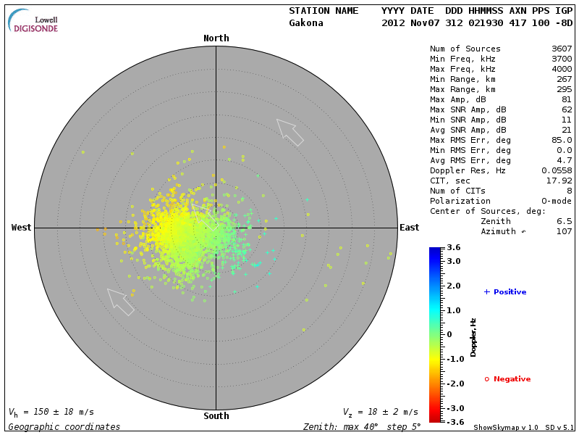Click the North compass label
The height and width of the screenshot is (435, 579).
click(x=216, y=38)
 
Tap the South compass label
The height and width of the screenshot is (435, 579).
click(x=216, y=416)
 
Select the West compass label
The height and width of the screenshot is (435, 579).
click(x=22, y=228)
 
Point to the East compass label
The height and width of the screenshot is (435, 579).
click(x=409, y=228)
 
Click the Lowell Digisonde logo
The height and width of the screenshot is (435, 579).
click(x=34, y=21)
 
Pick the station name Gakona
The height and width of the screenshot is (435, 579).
click(x=306, y=23)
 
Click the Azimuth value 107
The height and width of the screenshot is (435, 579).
click(x=564, y=231)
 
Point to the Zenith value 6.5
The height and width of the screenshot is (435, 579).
click(x=564, y=221)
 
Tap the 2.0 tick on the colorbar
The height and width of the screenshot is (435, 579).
click(x=453, y=286)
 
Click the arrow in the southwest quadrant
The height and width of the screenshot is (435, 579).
click(x=121, y=302)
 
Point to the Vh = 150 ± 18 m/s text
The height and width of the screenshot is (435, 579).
click(x=51, y=412)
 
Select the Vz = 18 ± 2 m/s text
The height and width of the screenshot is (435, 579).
click(x=380, y=412)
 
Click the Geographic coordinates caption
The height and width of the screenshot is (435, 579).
click(x=64, y=427)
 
